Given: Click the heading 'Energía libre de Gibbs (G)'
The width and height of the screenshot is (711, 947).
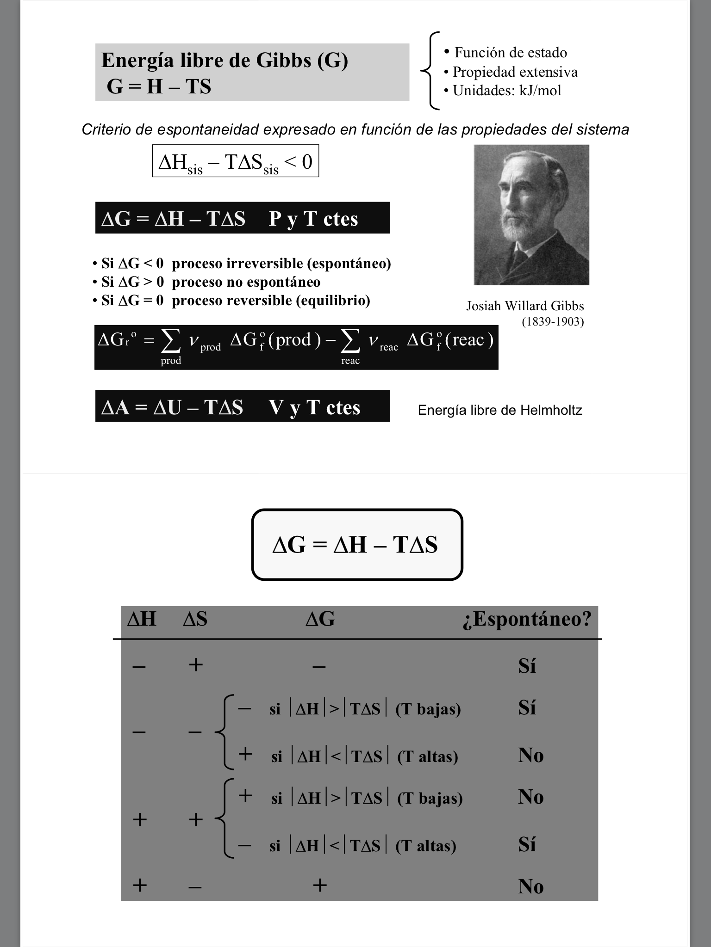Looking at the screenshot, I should pos(225,61).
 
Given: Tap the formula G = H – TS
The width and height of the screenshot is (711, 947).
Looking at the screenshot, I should pos(159,86).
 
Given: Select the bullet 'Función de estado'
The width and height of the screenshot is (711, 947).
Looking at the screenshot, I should pos(510,52).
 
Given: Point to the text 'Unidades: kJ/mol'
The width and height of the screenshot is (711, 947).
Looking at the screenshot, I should pos(506,91).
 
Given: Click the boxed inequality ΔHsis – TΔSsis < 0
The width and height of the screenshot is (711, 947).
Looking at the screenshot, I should pos(235,161).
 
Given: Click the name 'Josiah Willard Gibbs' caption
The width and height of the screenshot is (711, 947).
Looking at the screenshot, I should pos(525,306).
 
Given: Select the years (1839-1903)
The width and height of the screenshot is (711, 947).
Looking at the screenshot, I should pos(553,322).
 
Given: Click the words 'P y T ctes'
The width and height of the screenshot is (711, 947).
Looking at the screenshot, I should pos(313,219).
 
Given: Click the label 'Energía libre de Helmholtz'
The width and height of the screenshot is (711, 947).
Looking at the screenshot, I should pos(500,410).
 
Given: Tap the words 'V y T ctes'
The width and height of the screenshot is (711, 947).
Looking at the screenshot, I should pos(314,407).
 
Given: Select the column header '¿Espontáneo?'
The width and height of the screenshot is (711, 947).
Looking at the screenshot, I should pos(527,619).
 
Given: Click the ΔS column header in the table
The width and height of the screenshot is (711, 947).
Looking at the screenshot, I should pos(195,619).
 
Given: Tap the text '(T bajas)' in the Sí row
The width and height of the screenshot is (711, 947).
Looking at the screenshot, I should pos(428,709).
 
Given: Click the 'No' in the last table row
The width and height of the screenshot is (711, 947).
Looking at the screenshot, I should pos(530,886).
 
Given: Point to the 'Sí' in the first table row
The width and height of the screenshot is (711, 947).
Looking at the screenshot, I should pos(527,666).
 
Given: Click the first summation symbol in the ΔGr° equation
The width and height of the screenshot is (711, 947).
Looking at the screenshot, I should pos(170,342).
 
